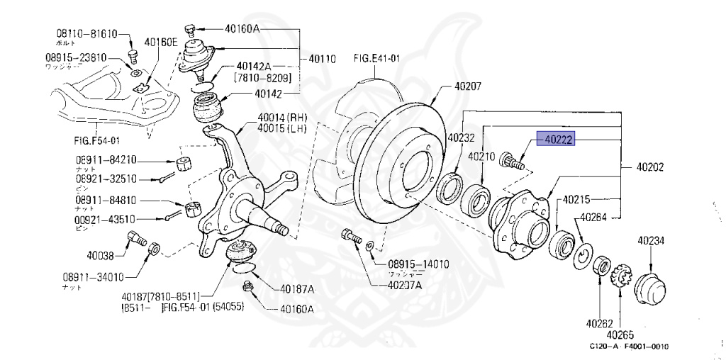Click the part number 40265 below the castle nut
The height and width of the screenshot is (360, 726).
coord(620,334)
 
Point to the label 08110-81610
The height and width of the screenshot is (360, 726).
coord(86,33)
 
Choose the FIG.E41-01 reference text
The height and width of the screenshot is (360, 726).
coord(376,59)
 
